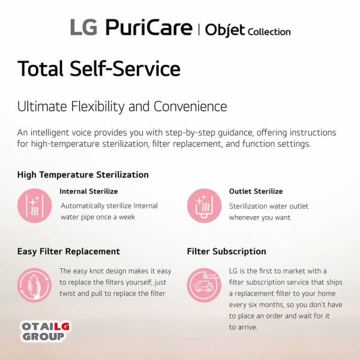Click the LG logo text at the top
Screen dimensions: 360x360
tap(83, 28)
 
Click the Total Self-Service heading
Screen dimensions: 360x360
tap(98, 68)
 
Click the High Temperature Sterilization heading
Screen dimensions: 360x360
tap(83, 175)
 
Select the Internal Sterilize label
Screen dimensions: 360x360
tap(89, 191)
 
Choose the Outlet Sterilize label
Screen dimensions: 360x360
tap(256, 191)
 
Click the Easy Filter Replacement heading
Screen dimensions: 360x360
tap(68, 251)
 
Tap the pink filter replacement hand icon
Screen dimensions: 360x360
tap(34, 284)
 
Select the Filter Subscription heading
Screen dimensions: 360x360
tap(226, 251)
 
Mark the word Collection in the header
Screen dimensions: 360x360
tap(268, 32)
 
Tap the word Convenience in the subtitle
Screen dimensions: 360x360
tap(190, 107)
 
